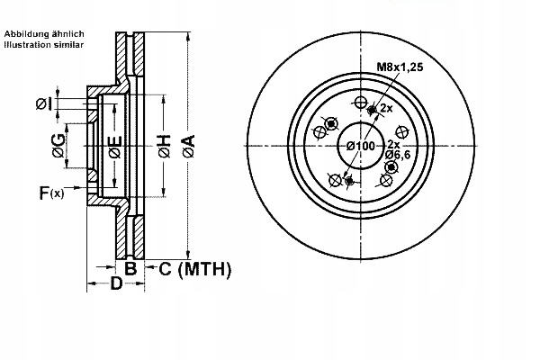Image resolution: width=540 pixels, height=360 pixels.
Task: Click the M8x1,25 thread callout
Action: tap(400, 67)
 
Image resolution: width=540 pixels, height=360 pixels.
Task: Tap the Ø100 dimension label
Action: tap(360, 146)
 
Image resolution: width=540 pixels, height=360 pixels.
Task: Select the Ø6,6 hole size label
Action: tap(398, 155)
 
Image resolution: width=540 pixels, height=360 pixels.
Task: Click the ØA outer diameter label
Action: tap(189, 147)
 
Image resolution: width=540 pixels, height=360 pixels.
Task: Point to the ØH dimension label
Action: tap(165, 147)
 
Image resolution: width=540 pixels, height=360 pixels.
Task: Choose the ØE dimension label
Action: tap(115, 147)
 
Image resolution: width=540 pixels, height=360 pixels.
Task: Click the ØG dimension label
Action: tap(58, 146)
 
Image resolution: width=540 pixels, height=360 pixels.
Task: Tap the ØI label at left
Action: tap(44, 103)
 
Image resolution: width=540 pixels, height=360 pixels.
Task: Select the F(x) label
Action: tap(51, 193)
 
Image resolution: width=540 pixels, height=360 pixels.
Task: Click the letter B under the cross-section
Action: tap(130, 269)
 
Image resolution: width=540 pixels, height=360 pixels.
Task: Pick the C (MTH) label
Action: tap(194, 269)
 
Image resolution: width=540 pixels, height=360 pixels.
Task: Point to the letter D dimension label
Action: tap(116, 283)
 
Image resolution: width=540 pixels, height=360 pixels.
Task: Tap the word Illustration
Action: tap(28, 44)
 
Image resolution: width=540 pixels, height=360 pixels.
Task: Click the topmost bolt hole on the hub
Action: tap(360, 103)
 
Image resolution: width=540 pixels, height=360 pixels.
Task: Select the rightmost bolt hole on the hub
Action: tap(401, 132)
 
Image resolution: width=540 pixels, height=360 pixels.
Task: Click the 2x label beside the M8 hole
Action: tap(386, 109)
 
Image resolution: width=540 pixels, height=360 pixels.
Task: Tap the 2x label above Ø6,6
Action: tap(394, 144)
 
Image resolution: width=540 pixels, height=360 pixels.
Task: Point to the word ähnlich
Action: tap(67, 34)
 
